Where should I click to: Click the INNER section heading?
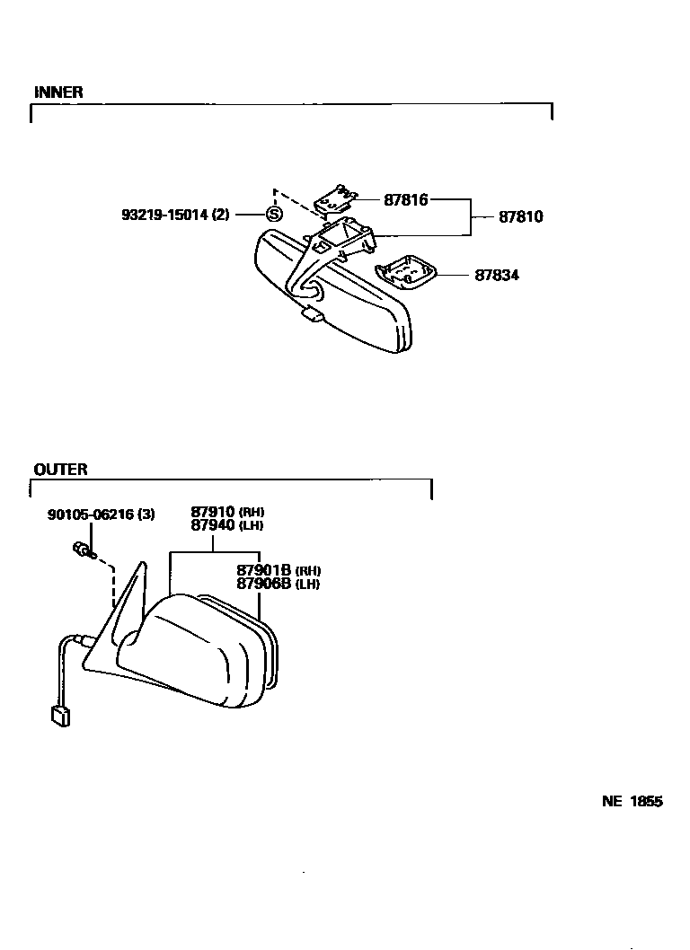(58, 92)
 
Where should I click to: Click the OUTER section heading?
(60, 470)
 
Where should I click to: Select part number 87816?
(405, 200)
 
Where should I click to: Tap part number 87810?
(521, 216)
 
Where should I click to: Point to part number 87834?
(497, 275)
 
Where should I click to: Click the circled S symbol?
(274, 215)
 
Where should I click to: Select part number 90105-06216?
(91, 515)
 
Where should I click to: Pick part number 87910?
(212, 512)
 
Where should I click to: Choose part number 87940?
(212, 524)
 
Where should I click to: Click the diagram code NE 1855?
(632, 802)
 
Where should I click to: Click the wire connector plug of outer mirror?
(60, 716)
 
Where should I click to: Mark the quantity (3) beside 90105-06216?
(146, 515)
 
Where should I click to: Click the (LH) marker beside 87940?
(251, 525)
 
